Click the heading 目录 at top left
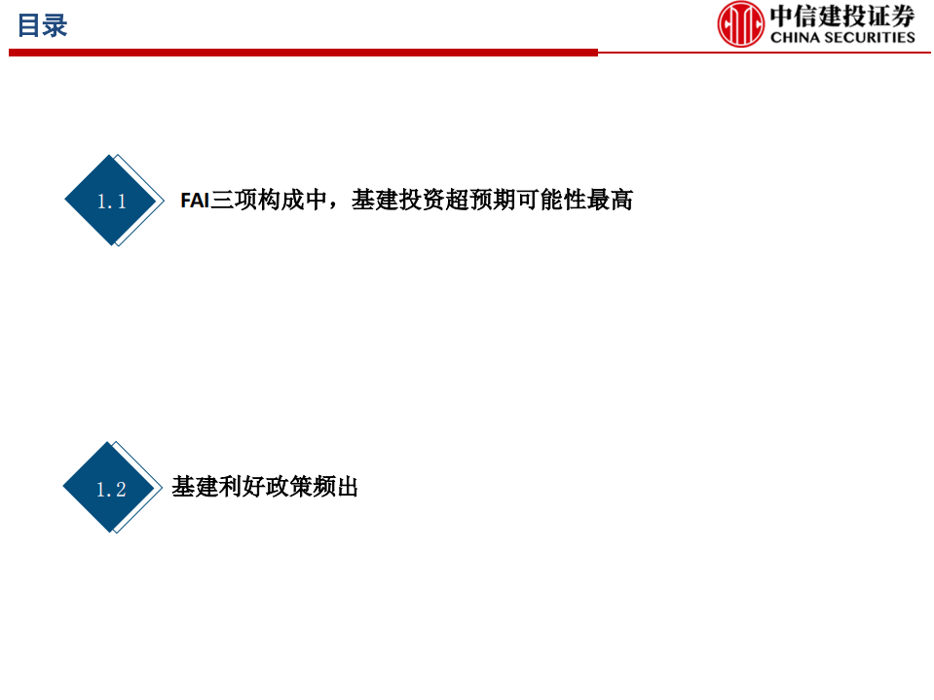[x=42, y=26]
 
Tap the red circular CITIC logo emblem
[x=741, y=24]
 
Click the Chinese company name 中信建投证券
[x=843, y=17]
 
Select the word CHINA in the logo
[x=795, y=37]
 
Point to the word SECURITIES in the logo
[x=869, y=37]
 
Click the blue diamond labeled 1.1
[x=111, y=201]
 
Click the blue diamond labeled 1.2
[x=110, y=488]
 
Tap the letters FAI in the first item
[x=195, y=201]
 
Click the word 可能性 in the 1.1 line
[x=550, y=201]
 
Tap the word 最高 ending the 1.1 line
[x=610, y=201]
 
